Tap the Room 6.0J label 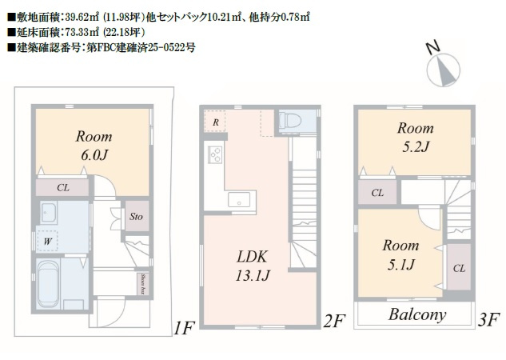click(94, 145)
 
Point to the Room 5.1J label click(399, 254)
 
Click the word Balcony click(417, 314)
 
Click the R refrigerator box click(217, 122)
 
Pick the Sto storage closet click(137, 216)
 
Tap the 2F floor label click(333, 322)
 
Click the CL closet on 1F click(63, 188)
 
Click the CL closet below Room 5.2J click(377, 193)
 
